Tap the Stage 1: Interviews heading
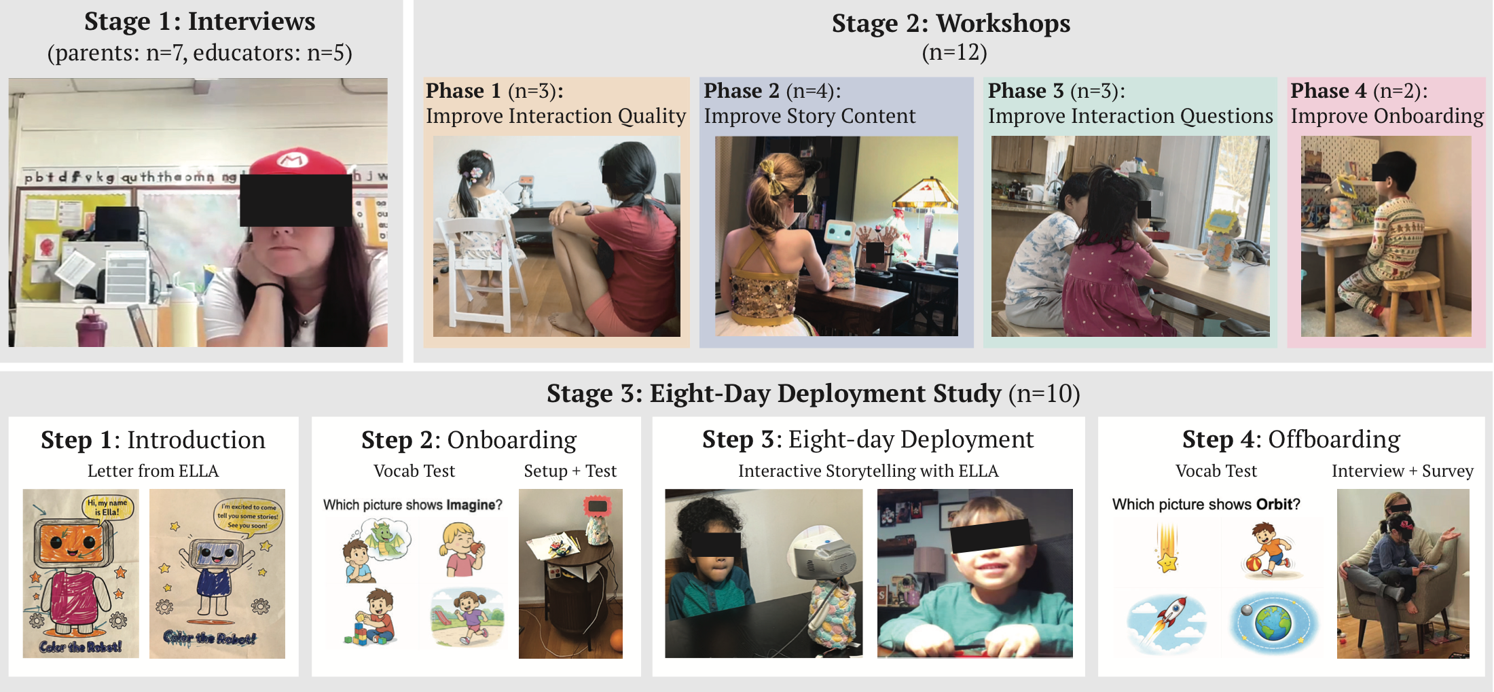coord(200,22)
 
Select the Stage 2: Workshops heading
coord(951,24)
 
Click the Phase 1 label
coord(463,91)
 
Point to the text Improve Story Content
coord(809,116)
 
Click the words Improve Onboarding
coord(1387,116)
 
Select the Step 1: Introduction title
coord(153,440)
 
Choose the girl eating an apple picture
coord(464,549)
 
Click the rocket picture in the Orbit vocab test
coord(1166,621)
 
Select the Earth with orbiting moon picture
coord(1273,621)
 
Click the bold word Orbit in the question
coord(1274,505)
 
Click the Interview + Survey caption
coord(1402,471)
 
